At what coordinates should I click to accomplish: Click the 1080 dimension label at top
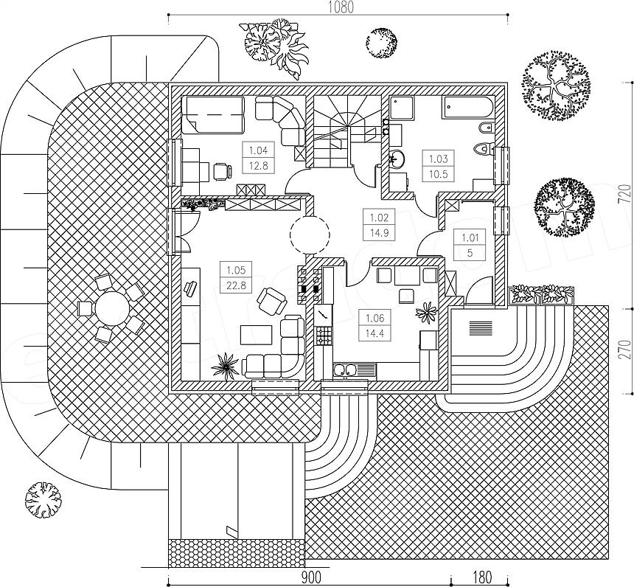[x=341, y=7]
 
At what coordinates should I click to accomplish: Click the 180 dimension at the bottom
[x=481, y=576]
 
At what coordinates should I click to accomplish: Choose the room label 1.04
[x=258, y=151]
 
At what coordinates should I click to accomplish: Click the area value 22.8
[x=236, y=285]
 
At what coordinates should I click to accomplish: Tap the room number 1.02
[x=379, y=218]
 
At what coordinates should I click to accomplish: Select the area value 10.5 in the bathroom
[x=439, y=174]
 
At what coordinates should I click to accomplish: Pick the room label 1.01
[x=470, y=237]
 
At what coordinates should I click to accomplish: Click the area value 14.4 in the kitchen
[x=375, y=334]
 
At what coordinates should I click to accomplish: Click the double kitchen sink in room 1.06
[x=345, y=369]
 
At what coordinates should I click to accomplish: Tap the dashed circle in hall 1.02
[x=310, y=235]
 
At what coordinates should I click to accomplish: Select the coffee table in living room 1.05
[x=256, y=334]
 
